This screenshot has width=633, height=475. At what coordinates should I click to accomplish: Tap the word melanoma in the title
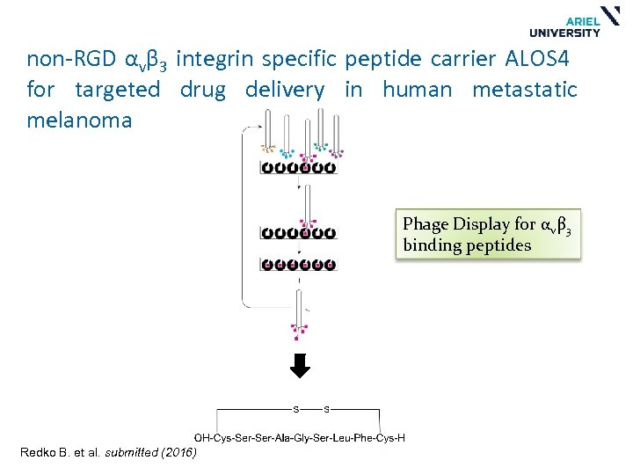(x=79, y=121)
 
